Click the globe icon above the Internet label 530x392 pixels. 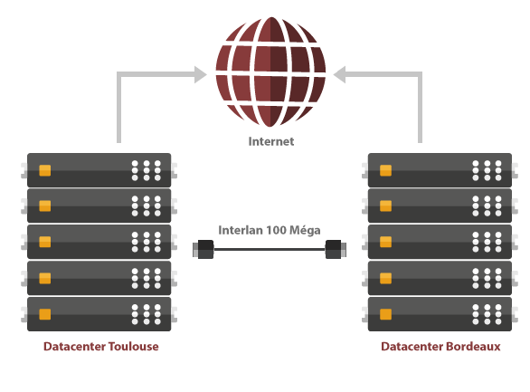[x=270, y=72]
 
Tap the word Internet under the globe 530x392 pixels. [x=271, y=141]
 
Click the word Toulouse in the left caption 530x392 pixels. [x=134, y=347]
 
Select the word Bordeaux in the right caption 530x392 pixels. [x=473, y=347]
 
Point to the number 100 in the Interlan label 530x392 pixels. [x=276, y=230]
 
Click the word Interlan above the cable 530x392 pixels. [x=241, y=230]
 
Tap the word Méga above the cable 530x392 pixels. [x=305, y=230]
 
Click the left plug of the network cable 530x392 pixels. [x=203, y=249]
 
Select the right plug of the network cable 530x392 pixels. [x=336, y=249]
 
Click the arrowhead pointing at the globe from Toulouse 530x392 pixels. [x=201, y=74]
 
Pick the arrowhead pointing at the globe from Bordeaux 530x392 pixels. [x=339, y=74]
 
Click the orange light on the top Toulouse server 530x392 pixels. [x=45, y=170]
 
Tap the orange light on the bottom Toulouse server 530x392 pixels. [x=45, y=314]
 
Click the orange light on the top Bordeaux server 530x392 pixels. [x=385, y=170]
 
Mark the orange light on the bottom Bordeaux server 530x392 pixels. [x=385, y=314]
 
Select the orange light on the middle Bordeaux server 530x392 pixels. [x=385, y=242]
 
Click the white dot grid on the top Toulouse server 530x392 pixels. [x=147, y=170]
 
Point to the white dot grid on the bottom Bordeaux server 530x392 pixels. [x=487, y=314]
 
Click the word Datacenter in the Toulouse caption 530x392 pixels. [x=75, y=347]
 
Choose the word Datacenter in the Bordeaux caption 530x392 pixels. [x=412, y=347]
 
